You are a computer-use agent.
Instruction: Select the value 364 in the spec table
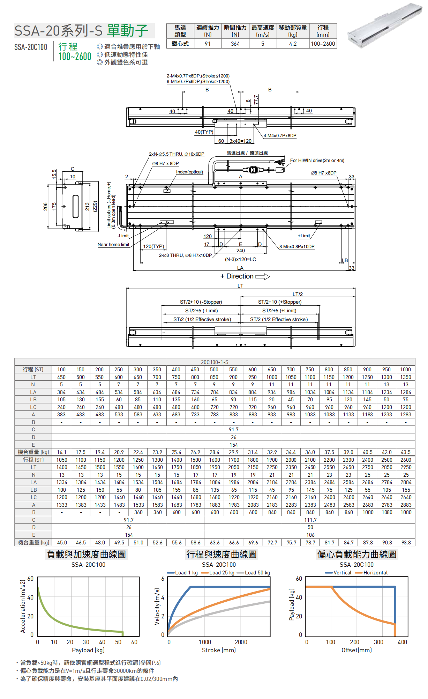click(235, 44)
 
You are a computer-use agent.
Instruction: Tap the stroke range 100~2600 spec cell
click(323, 44)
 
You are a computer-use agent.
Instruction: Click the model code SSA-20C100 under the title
click(31, 47)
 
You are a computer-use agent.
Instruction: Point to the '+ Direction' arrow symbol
click(263, 277)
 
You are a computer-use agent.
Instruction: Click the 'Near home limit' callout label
click(113, 245)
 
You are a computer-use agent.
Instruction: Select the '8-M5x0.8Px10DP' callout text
click(297, 247)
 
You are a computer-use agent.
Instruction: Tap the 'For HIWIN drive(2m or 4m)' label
click(317, 161)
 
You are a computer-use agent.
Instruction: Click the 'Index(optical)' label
click(189, 172)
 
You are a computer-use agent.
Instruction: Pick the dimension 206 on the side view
click(45, 206)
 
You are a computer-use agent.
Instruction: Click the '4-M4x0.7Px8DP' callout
click(280, 136)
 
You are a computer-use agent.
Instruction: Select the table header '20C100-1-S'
click(215, 362)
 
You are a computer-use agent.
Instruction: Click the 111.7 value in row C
click(310, 520)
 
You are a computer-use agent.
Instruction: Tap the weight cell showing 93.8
click(406, 543)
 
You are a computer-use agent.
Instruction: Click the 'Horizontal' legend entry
click(375, 573)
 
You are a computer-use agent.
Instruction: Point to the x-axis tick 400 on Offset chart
click(402, 642)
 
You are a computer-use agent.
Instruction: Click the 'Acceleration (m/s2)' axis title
click(23, 607)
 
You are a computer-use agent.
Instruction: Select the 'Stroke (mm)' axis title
click(219, 650)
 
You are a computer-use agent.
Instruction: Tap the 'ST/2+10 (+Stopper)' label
click(280, 302)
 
